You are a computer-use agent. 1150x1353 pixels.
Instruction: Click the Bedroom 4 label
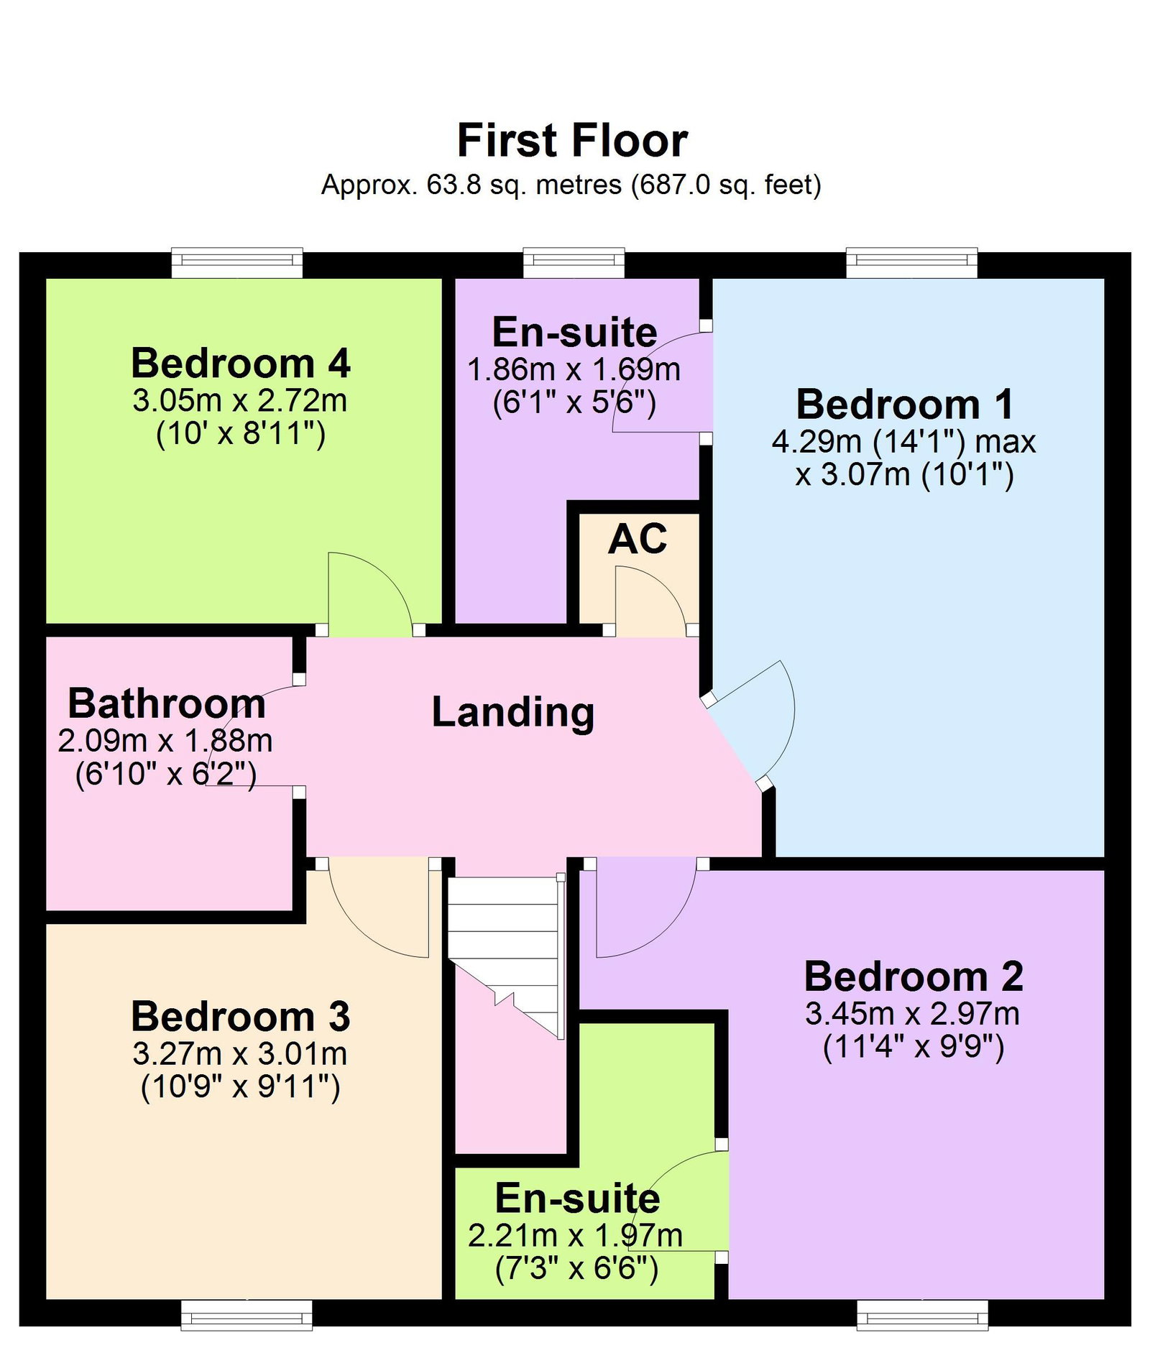[x=240, y=363]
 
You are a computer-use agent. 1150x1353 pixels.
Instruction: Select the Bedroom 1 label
[x=905, y=404]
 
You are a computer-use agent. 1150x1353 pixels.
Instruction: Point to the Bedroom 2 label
[x=914, y=976]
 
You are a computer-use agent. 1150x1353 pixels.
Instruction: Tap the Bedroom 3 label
[x=240, y=1017]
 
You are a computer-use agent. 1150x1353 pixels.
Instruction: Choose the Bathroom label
[x=167, y=703]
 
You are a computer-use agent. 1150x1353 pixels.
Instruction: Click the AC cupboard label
[x=638, y=539]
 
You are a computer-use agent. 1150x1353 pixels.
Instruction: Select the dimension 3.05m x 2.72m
[x=240, y=400]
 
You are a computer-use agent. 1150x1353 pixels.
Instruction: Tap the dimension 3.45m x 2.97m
[x=913, y=1014]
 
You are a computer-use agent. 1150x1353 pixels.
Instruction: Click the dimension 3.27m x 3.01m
[x=240, y=1054]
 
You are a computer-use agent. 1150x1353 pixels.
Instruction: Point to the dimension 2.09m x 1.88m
[x=165, y=741]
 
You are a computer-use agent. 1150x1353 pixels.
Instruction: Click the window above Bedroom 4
[x=237, y=263]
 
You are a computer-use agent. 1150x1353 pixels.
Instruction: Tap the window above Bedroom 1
[x=912, y=263]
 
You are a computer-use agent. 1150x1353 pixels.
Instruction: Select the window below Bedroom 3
[x=247, y=1315]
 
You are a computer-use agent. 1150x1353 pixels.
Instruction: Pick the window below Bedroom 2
[x=923, y=1315]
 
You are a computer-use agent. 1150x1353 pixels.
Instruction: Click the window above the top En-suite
[x=574, y=263]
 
